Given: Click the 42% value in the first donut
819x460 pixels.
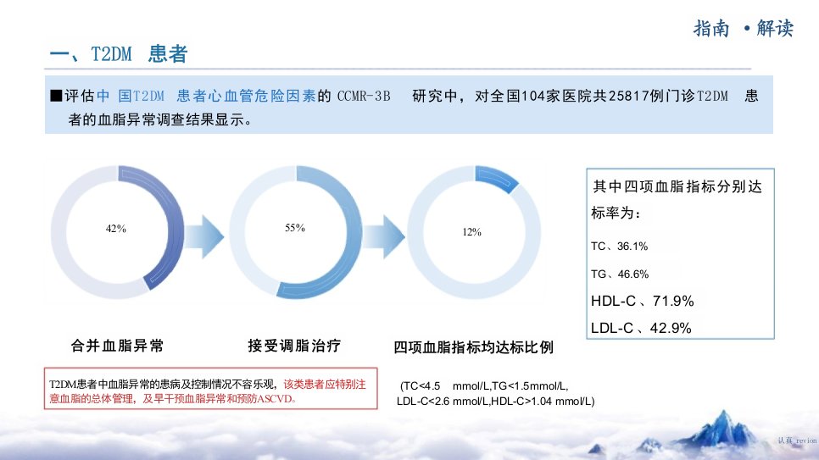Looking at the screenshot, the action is coord(116,229).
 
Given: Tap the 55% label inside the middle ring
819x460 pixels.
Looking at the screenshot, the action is coord(295,228).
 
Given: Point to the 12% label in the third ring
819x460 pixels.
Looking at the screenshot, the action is coord(471,232).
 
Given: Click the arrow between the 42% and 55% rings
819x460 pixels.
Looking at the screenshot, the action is coord(205,236).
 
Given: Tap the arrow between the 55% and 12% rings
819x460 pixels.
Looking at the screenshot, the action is coord(384,236).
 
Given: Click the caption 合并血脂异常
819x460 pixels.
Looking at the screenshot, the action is coord(118,346).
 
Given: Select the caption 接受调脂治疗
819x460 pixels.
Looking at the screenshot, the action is coord(294,346).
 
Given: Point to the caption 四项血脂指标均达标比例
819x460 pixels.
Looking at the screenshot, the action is coord(473,347).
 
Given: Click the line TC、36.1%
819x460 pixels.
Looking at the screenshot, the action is coord(620,247).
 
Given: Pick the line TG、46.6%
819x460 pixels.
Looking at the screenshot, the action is coord(620,274).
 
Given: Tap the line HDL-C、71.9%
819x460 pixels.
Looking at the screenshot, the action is coord(643,302).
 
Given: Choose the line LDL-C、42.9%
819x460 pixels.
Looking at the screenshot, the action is coord(642,328).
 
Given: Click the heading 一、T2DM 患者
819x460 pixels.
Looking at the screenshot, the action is coord(119,53).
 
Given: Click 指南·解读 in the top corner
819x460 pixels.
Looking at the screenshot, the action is coord(744,28).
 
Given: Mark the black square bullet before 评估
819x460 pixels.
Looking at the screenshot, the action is coord(56,96).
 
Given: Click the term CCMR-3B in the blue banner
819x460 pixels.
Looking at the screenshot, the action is coord(364,96).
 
